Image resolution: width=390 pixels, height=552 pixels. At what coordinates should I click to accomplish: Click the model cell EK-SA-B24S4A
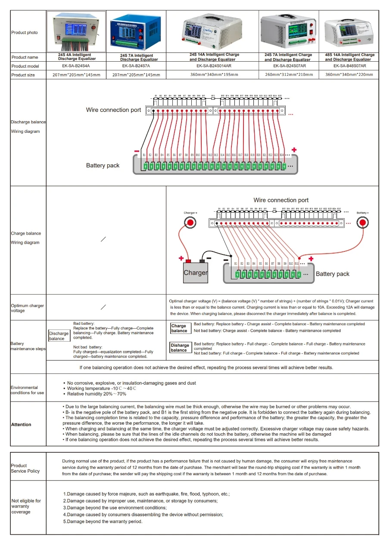(76, 66)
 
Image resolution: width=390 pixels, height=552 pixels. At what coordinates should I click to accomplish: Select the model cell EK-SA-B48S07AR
(349, 66)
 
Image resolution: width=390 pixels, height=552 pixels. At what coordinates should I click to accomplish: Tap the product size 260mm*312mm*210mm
(289, 75)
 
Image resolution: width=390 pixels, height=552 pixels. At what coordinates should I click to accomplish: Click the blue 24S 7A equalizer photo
(136, 31)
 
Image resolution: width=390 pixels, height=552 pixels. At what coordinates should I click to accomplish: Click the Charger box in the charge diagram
(195, 273)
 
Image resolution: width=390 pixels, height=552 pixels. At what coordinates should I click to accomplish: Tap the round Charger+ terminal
(190, 223)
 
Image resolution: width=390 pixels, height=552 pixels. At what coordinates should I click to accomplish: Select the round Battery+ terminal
(362, 223)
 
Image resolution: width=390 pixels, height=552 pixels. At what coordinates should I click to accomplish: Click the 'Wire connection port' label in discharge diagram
(113, 110)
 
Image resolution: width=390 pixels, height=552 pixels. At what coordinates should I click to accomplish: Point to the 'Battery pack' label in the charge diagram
(332, 274)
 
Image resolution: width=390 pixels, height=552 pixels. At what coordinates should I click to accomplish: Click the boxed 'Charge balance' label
(179, 328)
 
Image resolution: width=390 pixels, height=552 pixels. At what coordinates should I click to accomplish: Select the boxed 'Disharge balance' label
(180, 348)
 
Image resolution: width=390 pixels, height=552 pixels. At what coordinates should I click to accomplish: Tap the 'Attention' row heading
(21, 425)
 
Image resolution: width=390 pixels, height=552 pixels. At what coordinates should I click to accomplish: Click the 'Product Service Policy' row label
(25, 468)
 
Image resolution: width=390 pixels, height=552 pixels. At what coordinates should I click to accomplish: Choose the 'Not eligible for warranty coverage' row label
(26, 506)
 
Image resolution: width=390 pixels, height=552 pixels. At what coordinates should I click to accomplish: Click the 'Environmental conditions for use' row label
(27, 390)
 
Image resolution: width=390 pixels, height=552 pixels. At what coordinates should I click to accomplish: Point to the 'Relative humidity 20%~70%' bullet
(97, 394)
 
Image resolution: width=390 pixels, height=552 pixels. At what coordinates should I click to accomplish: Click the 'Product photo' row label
(25, 33)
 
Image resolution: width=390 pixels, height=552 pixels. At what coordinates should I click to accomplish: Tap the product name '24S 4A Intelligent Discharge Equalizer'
(77, 57)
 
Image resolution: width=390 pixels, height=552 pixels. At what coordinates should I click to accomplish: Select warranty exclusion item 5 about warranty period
(103, 521)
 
